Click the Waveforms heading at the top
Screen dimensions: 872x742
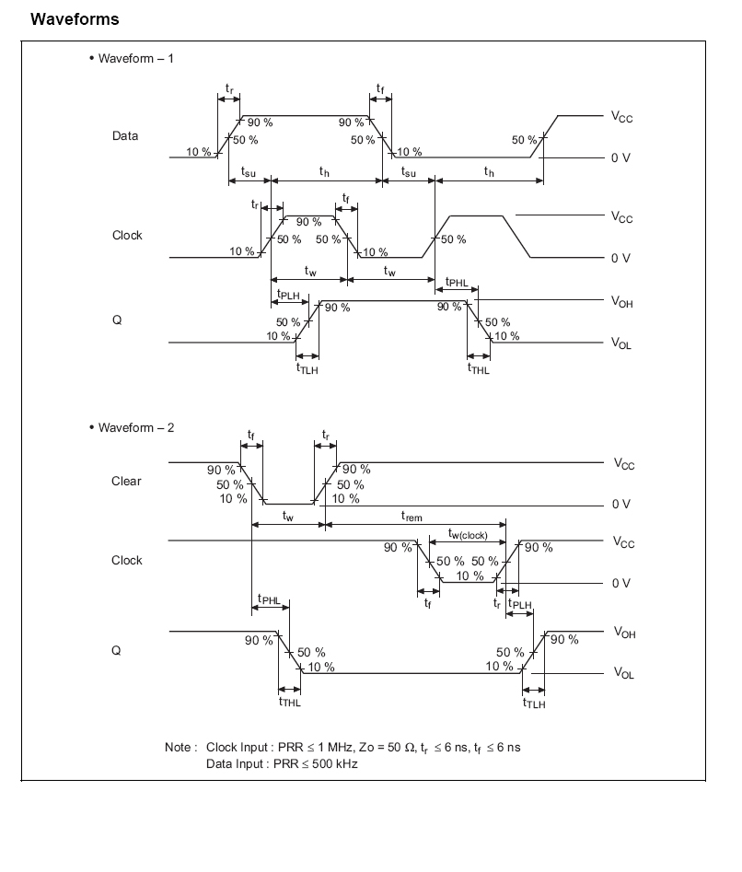(75, 18)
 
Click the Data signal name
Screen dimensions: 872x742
(125, 136)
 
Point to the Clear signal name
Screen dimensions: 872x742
(126, 482)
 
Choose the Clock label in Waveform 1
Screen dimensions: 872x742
(127, 236)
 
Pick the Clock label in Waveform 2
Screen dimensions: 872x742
(127, 561)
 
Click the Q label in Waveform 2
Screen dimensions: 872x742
(117, 651)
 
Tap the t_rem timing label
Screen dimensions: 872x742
(412, 517)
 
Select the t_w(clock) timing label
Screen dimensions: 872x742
(468, 534)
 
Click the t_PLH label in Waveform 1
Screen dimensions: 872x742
(288, 296)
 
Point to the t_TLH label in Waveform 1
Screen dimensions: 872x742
(307, 368)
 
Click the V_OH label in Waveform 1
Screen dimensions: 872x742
(622, 302)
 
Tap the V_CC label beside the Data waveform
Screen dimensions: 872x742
(622, 117)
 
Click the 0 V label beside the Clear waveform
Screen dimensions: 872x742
(620, 505)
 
